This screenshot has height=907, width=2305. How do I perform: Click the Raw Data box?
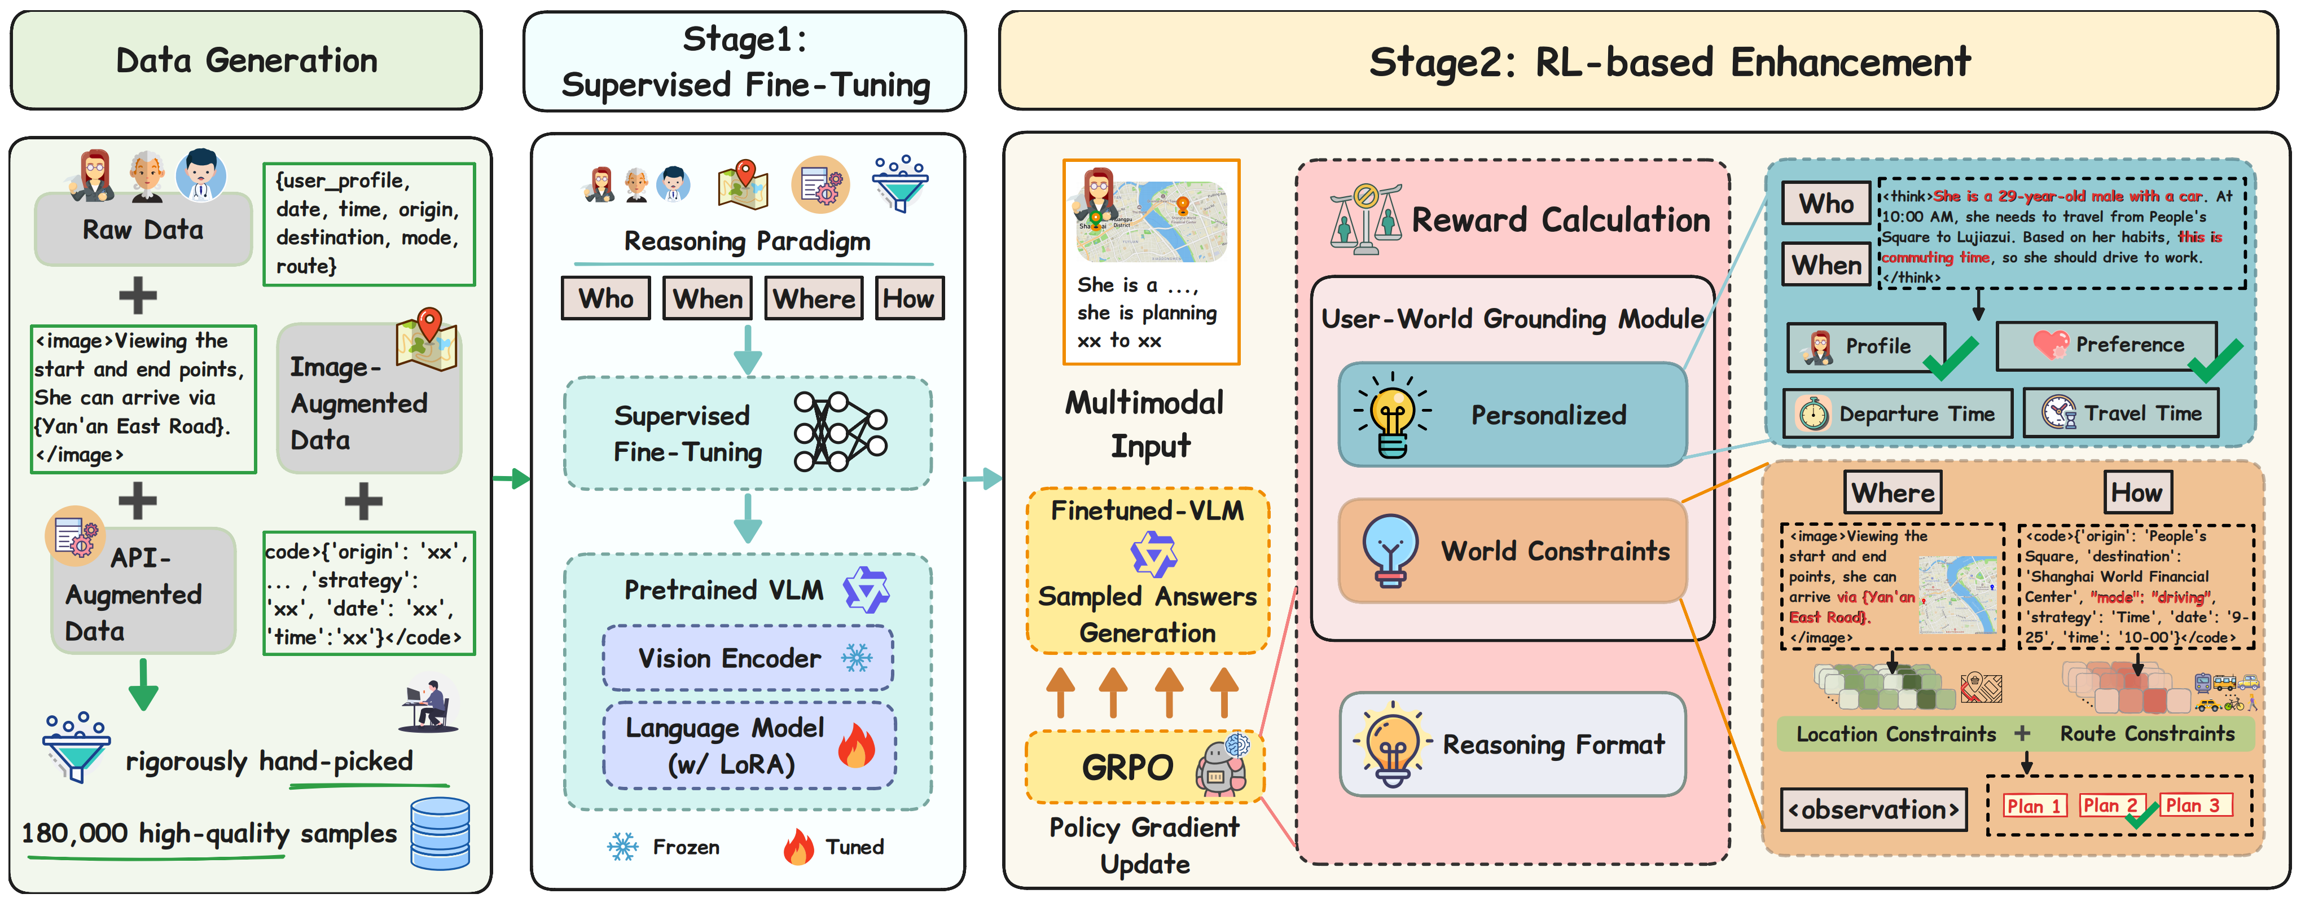tap(143, 230)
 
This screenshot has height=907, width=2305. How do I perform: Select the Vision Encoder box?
tap(748, 658)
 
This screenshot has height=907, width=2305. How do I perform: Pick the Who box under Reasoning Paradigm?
tap(606, 298)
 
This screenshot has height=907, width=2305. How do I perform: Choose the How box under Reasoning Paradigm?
tap(908, 298)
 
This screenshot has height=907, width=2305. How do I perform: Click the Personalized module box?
tap(1512, 414)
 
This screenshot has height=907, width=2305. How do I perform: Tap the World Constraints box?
tap(1512, 550)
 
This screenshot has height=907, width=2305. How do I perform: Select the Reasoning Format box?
tap(1512, 743)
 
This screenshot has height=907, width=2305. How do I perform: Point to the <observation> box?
tap(1873, 809)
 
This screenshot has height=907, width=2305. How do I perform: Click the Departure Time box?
tap(1897, 413)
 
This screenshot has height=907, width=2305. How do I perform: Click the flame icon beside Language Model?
tap(857, 746)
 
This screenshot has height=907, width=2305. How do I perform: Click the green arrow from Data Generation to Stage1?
tap(511, 478)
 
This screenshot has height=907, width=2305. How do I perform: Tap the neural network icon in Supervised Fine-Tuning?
tap(839, 431)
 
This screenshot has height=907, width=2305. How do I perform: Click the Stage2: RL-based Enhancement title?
tap(1669, 61)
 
